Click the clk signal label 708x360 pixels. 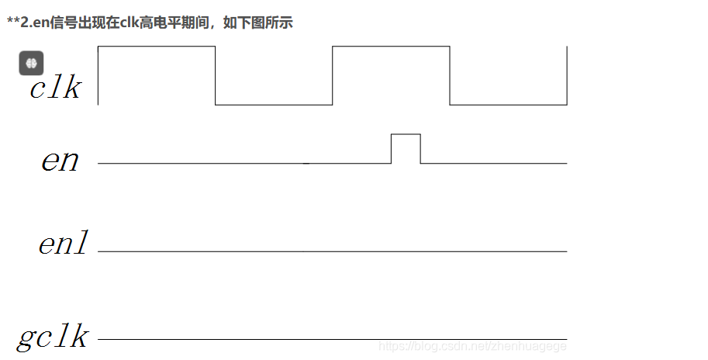(55, 88)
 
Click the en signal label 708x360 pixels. (60, 161)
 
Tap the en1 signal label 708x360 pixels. (63, 244)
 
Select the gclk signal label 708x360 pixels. (53, 337)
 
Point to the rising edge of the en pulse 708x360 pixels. (392, 149)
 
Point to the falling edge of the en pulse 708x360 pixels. (420, 149)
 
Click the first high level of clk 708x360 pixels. (156, 47)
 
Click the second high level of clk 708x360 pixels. (391, 47)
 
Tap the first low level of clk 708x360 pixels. (274, 105)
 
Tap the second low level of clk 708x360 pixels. (508, 105)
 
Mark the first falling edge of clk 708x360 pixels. (215, 75)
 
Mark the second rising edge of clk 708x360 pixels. (333, 75)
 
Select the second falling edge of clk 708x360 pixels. (450, 75)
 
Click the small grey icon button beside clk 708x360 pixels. (31, 63)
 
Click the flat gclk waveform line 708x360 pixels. (233, 339)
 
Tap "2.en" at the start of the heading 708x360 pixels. (30, 23)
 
